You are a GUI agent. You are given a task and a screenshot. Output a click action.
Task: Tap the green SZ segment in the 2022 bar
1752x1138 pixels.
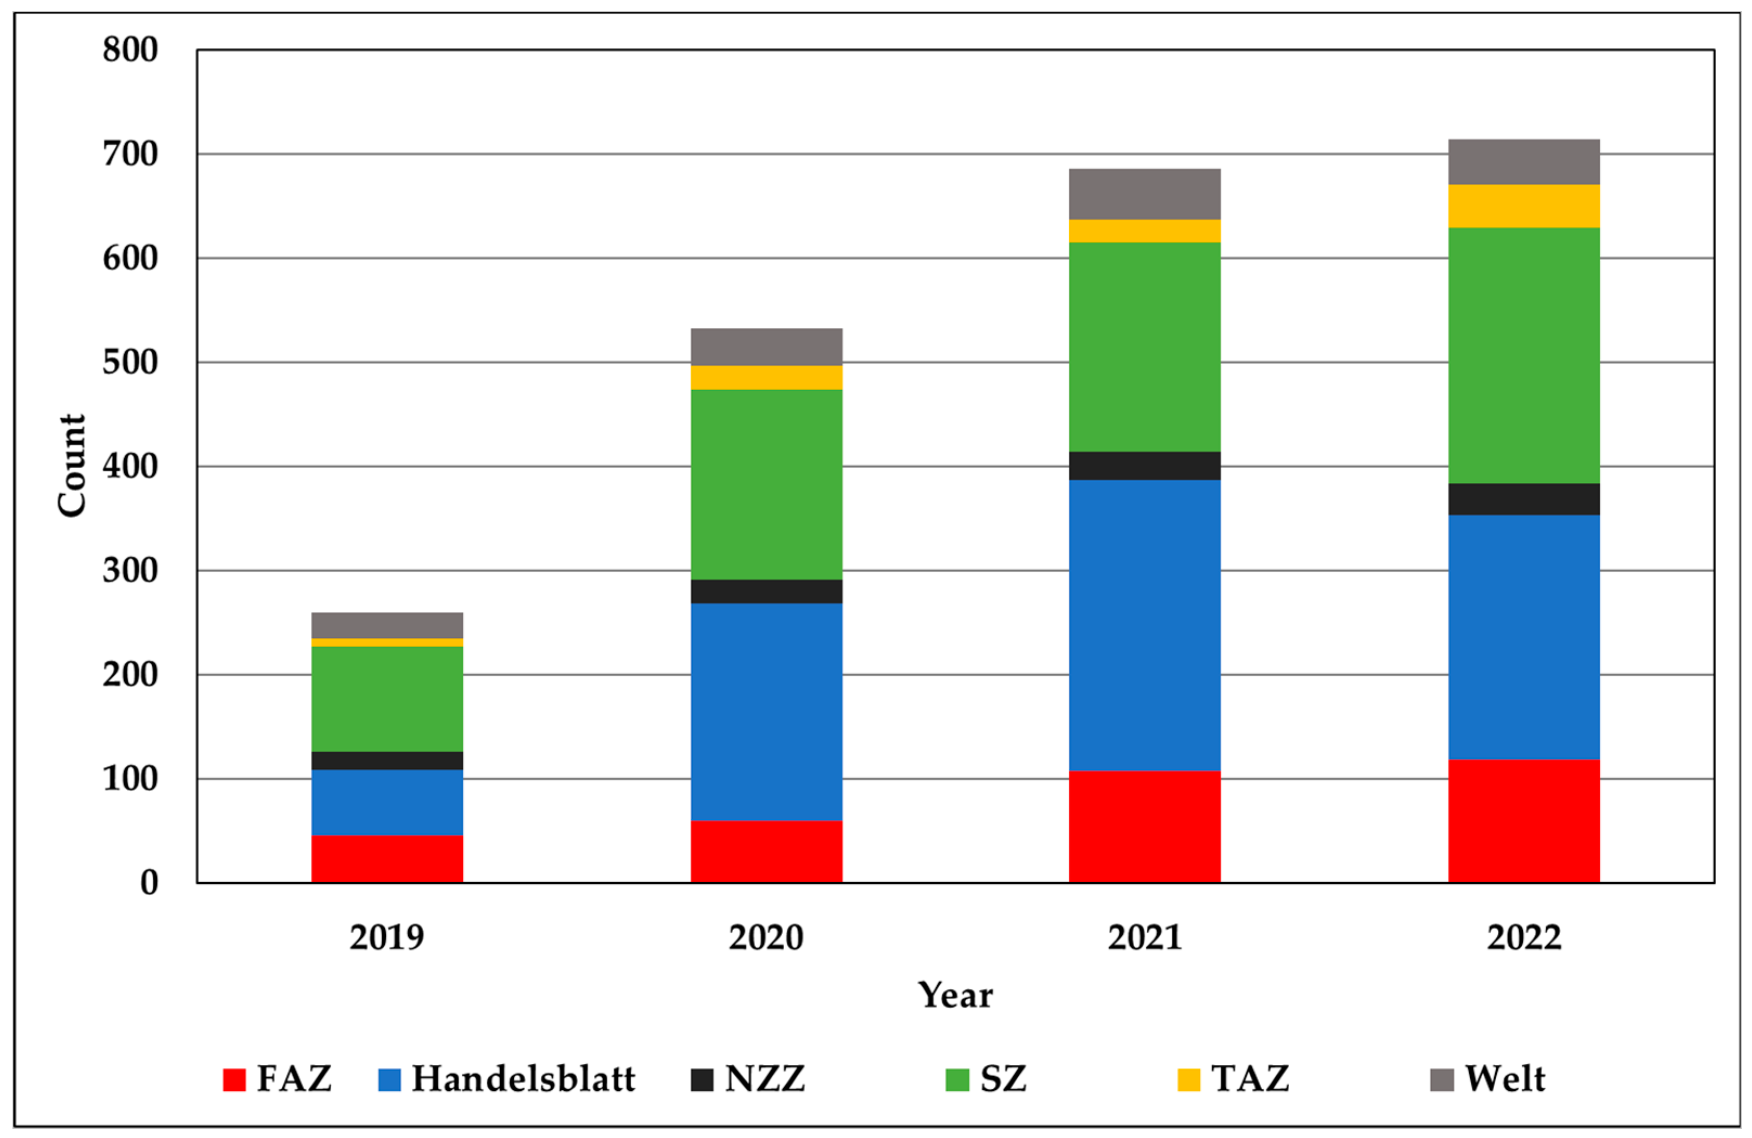point(1524,355)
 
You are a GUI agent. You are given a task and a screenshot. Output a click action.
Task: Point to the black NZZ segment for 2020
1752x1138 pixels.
point(766,591)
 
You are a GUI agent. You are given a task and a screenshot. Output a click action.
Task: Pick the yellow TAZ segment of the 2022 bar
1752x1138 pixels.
point(1524,206)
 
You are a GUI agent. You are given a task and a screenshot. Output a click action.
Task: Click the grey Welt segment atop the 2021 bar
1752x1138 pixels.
point(1145,193)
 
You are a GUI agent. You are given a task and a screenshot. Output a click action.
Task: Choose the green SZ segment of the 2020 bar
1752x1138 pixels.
point(766,484)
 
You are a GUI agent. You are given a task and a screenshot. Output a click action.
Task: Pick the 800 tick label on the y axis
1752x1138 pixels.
point(130,50)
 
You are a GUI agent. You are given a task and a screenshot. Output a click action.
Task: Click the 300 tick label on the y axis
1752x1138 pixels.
point(130,571)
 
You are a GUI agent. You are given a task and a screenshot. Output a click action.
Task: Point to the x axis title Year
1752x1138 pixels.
point(955,995)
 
